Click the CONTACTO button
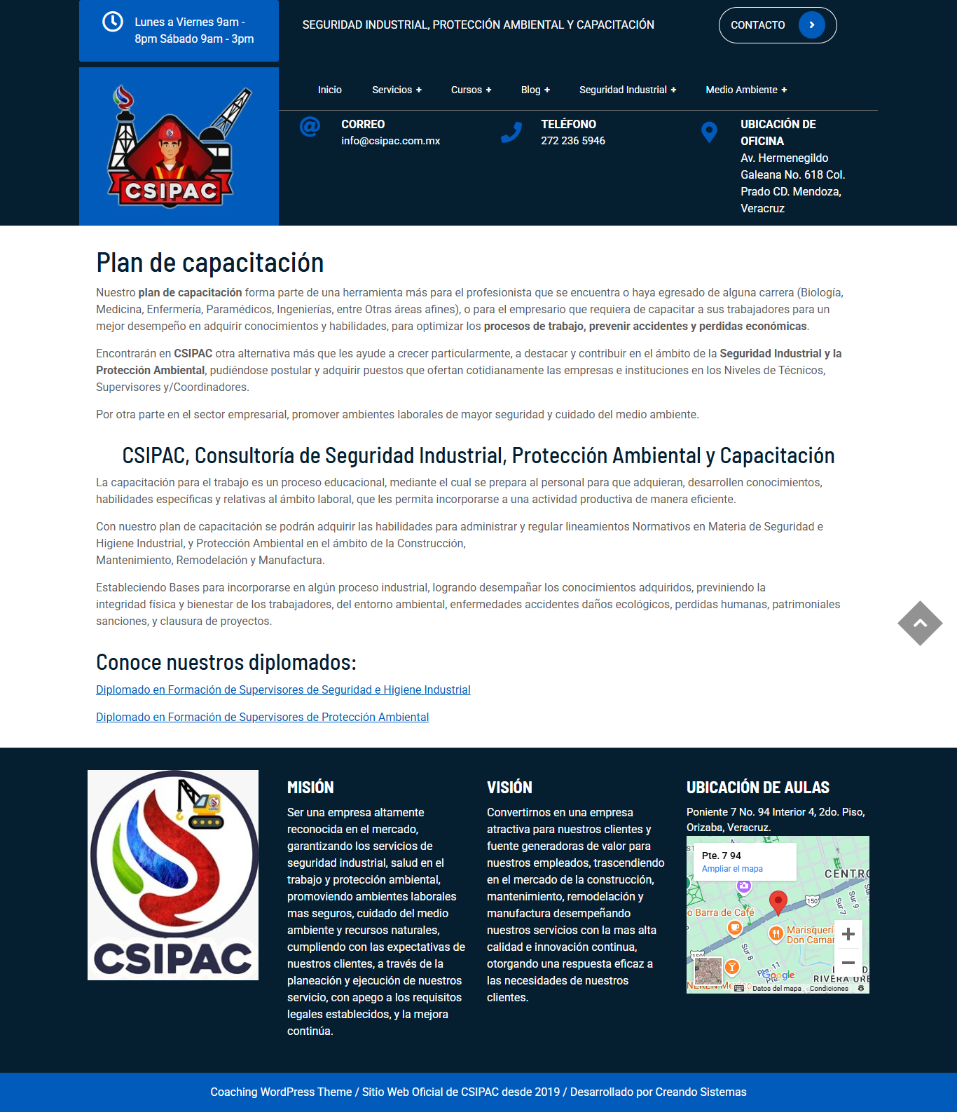tap(777, 25)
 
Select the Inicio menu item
tap(329, 90)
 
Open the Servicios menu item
tap(397, 90)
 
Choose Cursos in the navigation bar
tap(471, 90)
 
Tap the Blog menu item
tap(535, 90)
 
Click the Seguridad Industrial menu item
tap(627, 90)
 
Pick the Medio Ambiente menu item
tap(746, 90)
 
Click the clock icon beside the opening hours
tap(113, 22)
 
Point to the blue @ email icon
tap(310, 127)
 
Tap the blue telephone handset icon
tap(511, 132)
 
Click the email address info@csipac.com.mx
tap(390, 141)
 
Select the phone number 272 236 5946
tap(572, 141)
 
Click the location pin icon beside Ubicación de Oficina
tap(709, 132)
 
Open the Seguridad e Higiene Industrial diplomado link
tap(283, 689)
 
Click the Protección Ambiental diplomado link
tap(262, 717)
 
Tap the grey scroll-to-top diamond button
tap(920, 623)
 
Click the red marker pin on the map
tap(778, 901)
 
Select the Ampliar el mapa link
tap(732, 869)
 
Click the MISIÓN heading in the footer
tap(310, 788)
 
